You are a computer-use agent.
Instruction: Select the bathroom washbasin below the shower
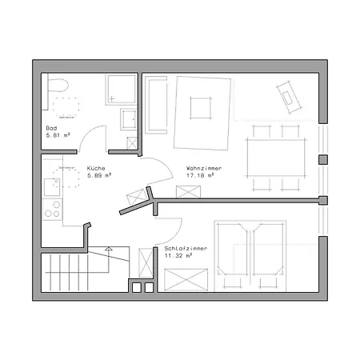click(x=126, y=121)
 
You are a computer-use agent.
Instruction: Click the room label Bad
click(x=52, y=129)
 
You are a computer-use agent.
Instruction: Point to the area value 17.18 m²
click(x=199, y=174)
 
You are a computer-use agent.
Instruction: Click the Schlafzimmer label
click(x=185, y=249)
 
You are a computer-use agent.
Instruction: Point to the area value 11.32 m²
click(x=179, y=255)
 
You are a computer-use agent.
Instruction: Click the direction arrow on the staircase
click(x=106, y=250)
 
